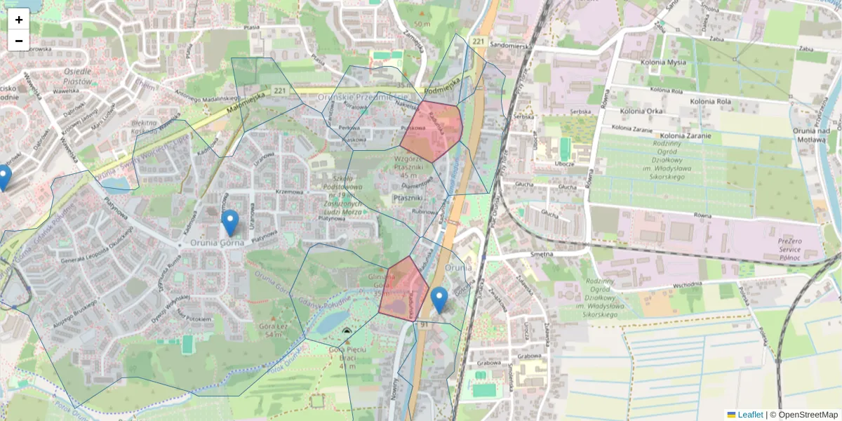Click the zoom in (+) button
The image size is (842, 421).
click(18, 19)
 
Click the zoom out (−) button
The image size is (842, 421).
click(18, 41)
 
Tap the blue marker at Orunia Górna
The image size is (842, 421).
click(229, 222)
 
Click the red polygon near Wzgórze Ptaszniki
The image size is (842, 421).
click(432, 131)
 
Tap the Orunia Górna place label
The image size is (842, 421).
click(217, 243)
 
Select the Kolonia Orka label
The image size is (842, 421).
click(636, 111)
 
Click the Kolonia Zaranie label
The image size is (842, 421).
click(686, 135)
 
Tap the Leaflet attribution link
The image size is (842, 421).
click(749, 415)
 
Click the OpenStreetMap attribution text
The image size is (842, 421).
click(808, 415)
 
